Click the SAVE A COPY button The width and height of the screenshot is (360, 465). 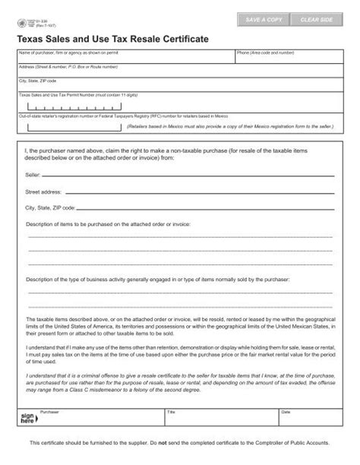[264, 18]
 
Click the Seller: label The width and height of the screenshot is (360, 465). [33, 174]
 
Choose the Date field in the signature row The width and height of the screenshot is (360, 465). [308, 419]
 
